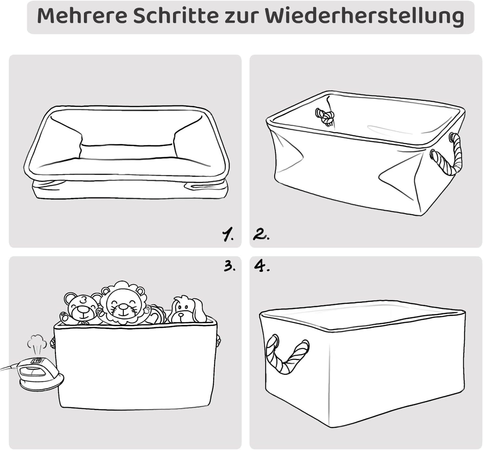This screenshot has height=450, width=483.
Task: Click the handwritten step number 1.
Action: coord(228,234)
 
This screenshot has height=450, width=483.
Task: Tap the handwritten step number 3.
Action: coord(230,267)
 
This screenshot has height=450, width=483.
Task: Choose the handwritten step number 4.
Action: coord(262,266)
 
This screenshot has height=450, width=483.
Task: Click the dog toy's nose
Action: coord(181,315)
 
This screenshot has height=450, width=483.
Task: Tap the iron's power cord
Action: coord(10,367)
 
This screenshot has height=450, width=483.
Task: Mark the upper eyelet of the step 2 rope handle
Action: coord(452,138)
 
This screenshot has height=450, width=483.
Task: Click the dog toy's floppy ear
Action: coord(198,310)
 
